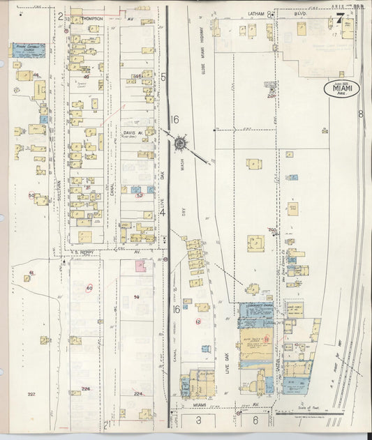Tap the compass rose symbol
180,144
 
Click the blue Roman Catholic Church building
26,51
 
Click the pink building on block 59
140,266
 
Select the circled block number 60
89,288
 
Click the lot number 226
86,389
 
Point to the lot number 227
31,395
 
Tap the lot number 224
138,394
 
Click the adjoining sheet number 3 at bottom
198,420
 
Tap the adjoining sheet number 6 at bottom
255,420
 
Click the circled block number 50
31,195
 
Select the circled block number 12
198,321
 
